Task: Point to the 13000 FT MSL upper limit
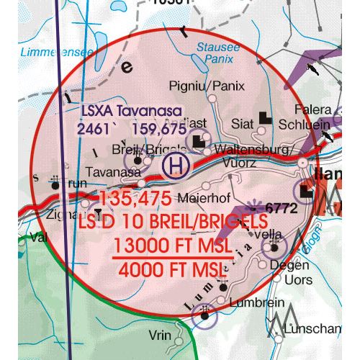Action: tap(172, 246)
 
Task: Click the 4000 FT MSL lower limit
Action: tap(172, 271)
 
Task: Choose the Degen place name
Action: tap(279, 266)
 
